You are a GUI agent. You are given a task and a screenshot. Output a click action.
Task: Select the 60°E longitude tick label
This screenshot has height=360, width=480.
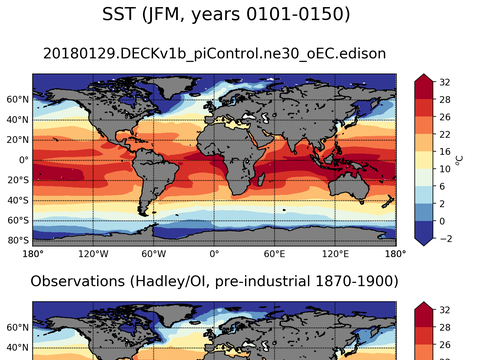point(275,254)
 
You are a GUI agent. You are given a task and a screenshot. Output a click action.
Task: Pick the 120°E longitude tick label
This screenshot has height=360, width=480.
point(335,254)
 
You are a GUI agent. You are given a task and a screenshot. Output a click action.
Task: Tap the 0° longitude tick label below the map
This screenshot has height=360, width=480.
point(214,254)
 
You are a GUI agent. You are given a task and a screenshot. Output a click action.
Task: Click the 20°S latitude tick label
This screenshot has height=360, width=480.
point(17,180)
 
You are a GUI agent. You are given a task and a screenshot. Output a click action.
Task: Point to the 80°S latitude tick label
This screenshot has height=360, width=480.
point(17,240)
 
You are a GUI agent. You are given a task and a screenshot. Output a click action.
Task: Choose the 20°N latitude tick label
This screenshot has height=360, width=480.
point(17,140)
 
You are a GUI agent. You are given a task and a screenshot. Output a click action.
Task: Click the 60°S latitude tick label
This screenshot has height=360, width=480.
point(17,220)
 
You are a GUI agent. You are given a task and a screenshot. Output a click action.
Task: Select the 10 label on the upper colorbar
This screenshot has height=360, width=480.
point(443,167)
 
